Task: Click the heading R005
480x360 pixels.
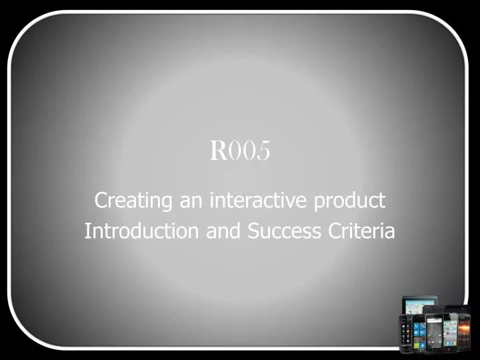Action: [x=240, y=151]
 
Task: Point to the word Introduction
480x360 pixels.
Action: [x=141, y=231]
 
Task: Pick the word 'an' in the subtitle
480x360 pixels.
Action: [x=189, y=200]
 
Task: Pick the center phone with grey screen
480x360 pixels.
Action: [x=434, y=333]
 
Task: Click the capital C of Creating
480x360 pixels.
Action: [x=101, y=199]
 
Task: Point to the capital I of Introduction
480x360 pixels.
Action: [x=87, y=231]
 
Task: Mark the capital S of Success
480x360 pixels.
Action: [x=254, y=231]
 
